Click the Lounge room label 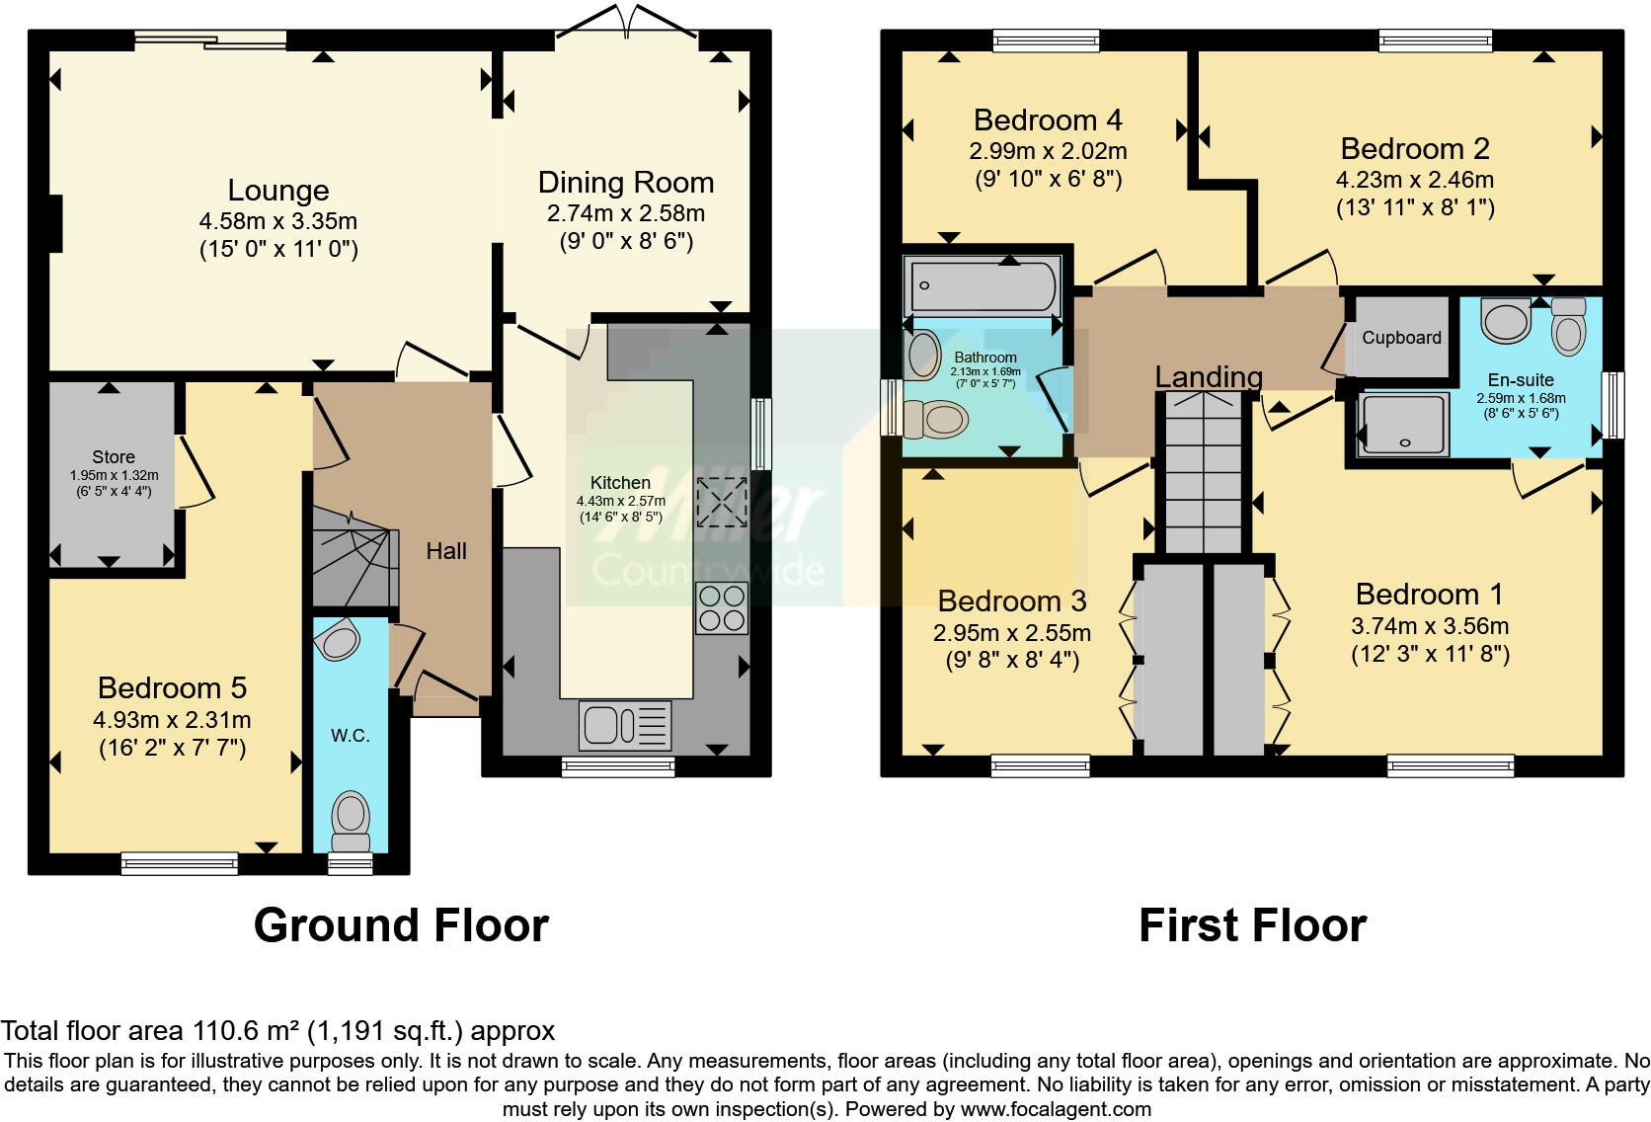point(277,191)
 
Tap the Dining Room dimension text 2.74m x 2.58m point(626,213)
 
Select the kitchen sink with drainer point(625,725)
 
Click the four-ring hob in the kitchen point(722,608)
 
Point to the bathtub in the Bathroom point(983,286)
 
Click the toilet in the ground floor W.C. point(351,821)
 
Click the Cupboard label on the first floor point(1401,338)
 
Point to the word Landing point(1208,376)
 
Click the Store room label point(114,457)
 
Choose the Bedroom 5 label point(172,687)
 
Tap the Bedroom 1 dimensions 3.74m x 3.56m point(1430,626)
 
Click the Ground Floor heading point(401,925)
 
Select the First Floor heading point(1253,925)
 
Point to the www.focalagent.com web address point(1056,1109)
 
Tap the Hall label point(446,551)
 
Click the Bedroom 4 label point(1048,120)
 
